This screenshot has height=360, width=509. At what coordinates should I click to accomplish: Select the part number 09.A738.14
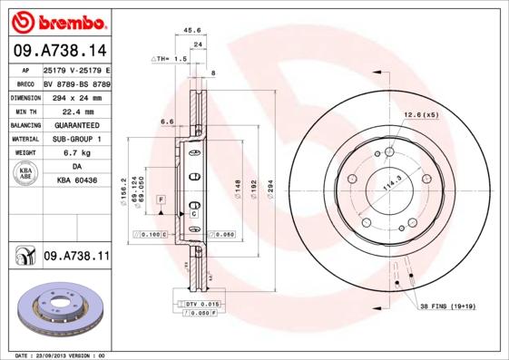click(x=60, y=51)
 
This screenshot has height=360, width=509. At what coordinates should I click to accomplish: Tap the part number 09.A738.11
click(x=76, y=258)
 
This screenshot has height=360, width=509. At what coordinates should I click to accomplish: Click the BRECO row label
click(x=25, y=83)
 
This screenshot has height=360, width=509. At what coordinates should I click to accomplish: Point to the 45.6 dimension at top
click(x=191, y=30)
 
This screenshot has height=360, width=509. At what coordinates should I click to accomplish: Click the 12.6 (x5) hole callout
click(x=420, y=114)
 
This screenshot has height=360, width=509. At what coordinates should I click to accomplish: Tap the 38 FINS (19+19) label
click(x=447, y=307)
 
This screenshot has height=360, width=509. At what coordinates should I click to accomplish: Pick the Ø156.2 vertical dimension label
click(x=124, y=193)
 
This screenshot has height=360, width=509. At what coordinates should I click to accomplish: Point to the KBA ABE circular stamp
click(x=24, y=175)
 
